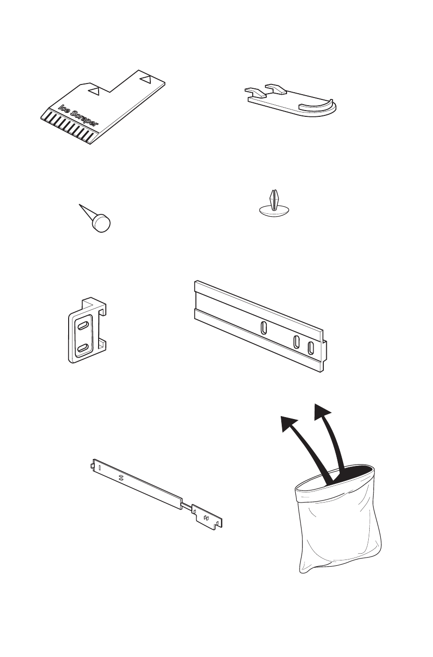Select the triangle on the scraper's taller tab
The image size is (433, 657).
point(145,77)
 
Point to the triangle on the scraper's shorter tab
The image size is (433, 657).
point(96,90)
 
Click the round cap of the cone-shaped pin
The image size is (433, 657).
point(102,223)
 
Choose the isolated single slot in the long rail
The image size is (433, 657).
point(263,328)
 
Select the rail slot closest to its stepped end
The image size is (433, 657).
point(311,347)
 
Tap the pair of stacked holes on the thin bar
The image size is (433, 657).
point(121,477)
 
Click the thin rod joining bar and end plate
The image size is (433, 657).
point(188,505)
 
